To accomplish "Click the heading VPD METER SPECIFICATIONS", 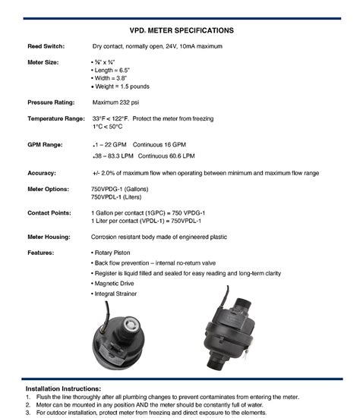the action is (x=180, y=30).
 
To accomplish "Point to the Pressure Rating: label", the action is (x=51, y=102).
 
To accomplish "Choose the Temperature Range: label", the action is (x=55, y=119).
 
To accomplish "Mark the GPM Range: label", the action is (x=45, y=144).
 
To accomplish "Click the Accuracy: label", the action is (x=42, y=173).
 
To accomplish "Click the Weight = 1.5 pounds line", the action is (x=122, y=86).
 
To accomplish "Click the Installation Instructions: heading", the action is (x=64, y=388).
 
